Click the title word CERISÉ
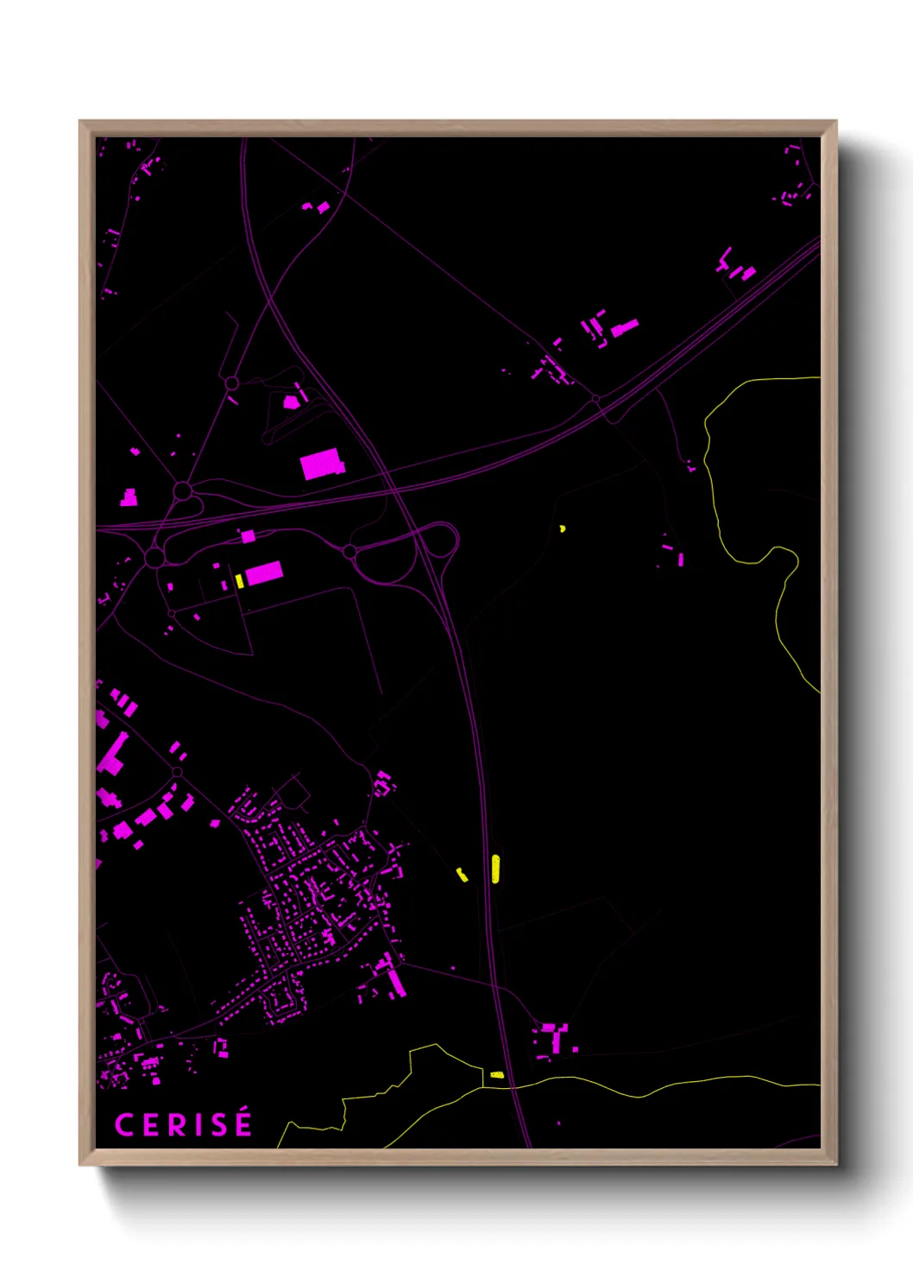183,1124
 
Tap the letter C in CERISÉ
124,1125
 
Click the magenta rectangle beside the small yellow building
264,573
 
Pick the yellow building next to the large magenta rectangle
239,580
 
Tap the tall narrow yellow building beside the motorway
495,868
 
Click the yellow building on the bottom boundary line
496,1075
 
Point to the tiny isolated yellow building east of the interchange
563,528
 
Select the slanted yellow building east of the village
462,875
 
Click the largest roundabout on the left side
155,557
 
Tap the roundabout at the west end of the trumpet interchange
349,551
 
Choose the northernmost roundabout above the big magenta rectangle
231,383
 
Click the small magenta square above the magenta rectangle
249,536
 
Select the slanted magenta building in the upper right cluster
625,327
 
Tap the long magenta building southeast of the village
396,982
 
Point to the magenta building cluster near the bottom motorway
553,1039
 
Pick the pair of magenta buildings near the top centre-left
316,207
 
